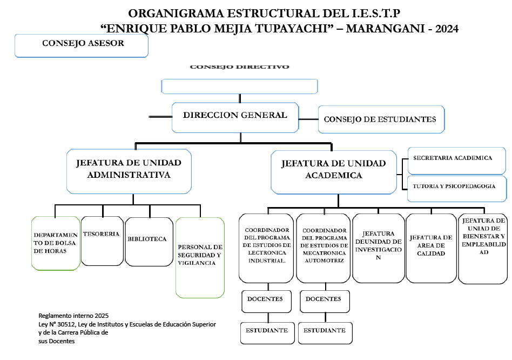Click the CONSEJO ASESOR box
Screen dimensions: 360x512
(81, 45)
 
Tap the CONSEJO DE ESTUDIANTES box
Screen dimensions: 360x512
(381, 119)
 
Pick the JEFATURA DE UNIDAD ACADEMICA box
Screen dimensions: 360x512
(334, 171)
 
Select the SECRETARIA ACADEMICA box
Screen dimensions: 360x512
(456, 159)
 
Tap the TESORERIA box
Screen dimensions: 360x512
(102, 241)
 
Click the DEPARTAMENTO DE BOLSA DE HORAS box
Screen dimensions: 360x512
(56, 243)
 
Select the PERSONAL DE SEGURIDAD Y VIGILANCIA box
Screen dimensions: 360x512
(200, 257)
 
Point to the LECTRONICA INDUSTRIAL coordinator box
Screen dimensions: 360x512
(266, 248)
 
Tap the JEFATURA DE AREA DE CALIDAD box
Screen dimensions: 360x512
(431, 248)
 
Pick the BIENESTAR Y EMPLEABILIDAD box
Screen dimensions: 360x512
(483, 248)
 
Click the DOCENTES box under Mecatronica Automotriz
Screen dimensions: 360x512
(324, 301)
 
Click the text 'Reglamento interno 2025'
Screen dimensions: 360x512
(73, 316)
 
